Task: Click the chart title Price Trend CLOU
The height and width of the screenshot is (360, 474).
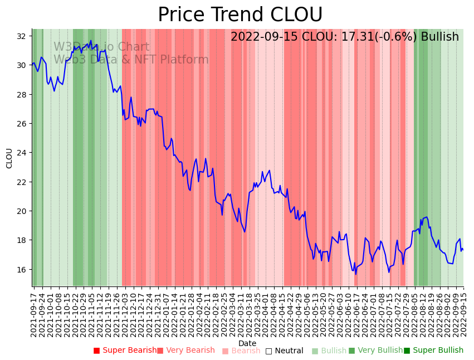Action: point(240,15)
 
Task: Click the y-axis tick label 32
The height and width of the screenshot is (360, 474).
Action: point(21,36)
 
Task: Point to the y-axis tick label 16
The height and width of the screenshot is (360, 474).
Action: point(21,270)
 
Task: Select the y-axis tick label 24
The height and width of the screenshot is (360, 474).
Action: point(21,153)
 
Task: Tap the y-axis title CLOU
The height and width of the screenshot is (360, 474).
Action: point(9,158)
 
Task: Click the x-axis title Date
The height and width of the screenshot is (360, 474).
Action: point(247,344)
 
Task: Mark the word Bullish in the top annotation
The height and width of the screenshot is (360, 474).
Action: point(439,37)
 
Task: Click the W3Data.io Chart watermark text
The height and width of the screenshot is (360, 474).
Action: point(101,47)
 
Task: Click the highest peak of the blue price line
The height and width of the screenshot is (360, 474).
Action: point(91,41)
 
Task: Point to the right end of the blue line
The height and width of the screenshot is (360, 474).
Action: point(463,250)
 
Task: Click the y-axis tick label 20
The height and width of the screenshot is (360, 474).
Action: point(21,211)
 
